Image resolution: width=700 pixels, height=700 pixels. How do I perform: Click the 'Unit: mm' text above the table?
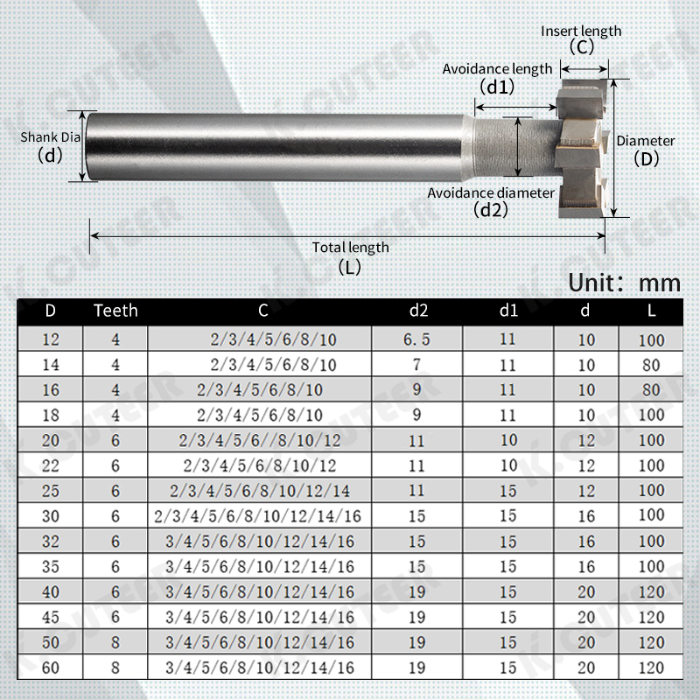click(x=624, y=283)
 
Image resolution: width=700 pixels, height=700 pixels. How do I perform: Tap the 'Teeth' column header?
click(x=115, y=311)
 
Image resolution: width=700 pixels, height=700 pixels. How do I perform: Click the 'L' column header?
click(x=652, y=311)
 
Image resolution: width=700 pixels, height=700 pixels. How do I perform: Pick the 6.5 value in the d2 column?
click(x=418, y=339)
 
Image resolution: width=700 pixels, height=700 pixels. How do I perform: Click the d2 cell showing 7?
click(x=418, y=365)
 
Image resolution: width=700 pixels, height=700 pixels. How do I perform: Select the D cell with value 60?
click(x=51, y=668)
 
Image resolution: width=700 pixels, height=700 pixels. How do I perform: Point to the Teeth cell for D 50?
click(x=115, y=642)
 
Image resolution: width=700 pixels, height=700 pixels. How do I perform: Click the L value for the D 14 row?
click(x=652, y=365)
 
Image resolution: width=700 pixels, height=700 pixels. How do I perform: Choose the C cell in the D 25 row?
click(x=261, y=491)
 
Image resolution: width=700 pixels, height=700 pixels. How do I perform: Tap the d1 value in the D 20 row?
click(x=508, y=440)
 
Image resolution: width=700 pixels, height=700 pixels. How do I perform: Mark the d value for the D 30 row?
click(x=586, y=516)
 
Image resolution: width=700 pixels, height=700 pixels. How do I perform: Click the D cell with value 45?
click(x=51, y=617)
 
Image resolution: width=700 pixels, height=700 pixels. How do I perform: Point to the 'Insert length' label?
click(x=581, y=31)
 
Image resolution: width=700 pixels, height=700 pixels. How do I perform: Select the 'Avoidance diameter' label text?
click(x=490, y=192)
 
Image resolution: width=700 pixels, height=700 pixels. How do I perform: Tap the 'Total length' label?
click(x=350, y=248)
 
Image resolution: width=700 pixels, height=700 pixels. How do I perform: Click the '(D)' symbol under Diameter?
click(x=646, y=159)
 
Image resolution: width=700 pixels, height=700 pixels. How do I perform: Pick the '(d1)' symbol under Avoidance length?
click(x=497, y=87)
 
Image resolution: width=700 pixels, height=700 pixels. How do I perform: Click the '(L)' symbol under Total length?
click(x=349, y=268)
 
